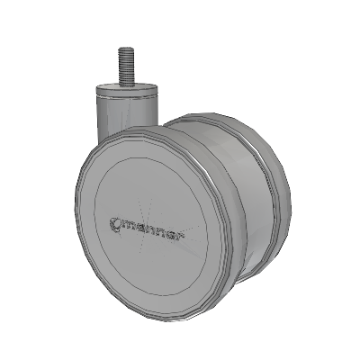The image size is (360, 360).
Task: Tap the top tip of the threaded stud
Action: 125,48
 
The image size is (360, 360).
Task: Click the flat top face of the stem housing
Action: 126,87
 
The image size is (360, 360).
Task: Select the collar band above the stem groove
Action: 127,92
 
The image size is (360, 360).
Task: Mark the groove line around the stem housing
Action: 127,97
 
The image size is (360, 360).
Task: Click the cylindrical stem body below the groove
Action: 127,115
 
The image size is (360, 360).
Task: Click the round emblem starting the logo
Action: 115,224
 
